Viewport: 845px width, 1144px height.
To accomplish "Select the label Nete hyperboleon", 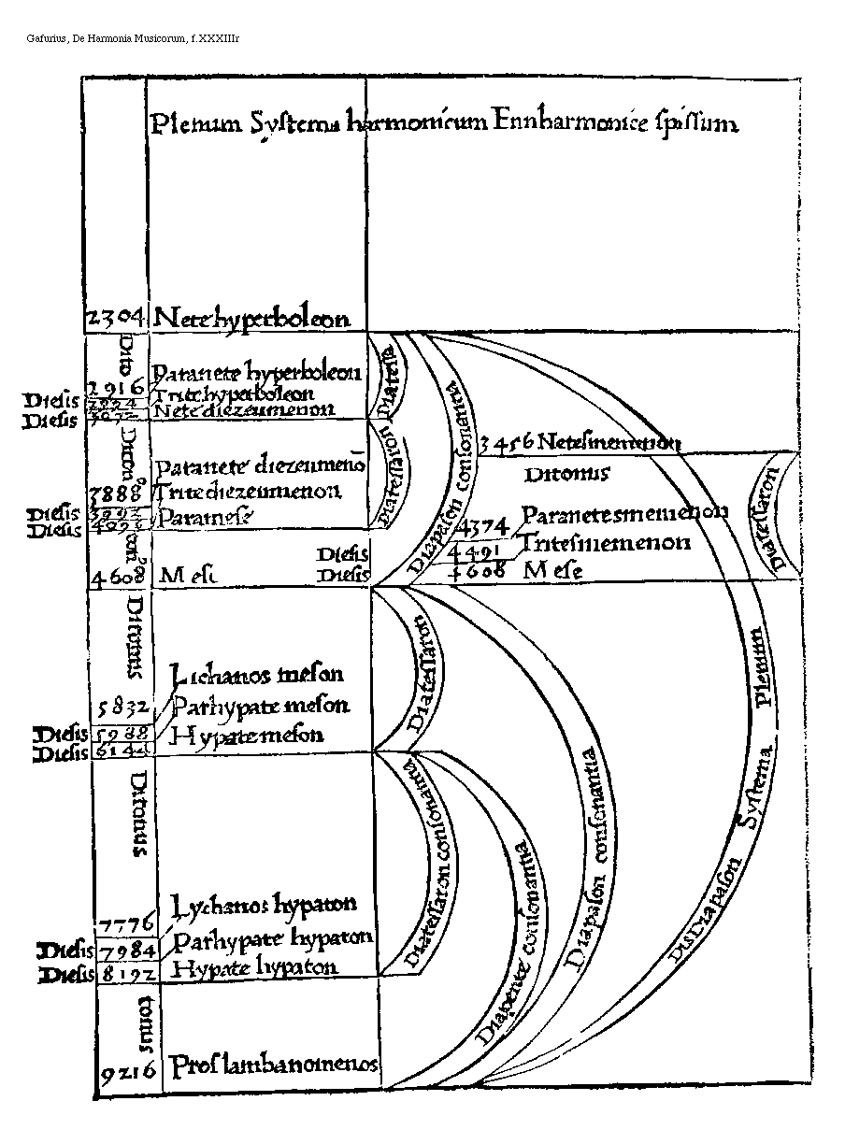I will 252,318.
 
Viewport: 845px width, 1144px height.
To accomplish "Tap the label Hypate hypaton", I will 256,967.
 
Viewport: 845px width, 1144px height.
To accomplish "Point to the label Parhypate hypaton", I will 273,937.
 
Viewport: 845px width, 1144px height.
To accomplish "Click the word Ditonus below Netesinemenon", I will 566,474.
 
